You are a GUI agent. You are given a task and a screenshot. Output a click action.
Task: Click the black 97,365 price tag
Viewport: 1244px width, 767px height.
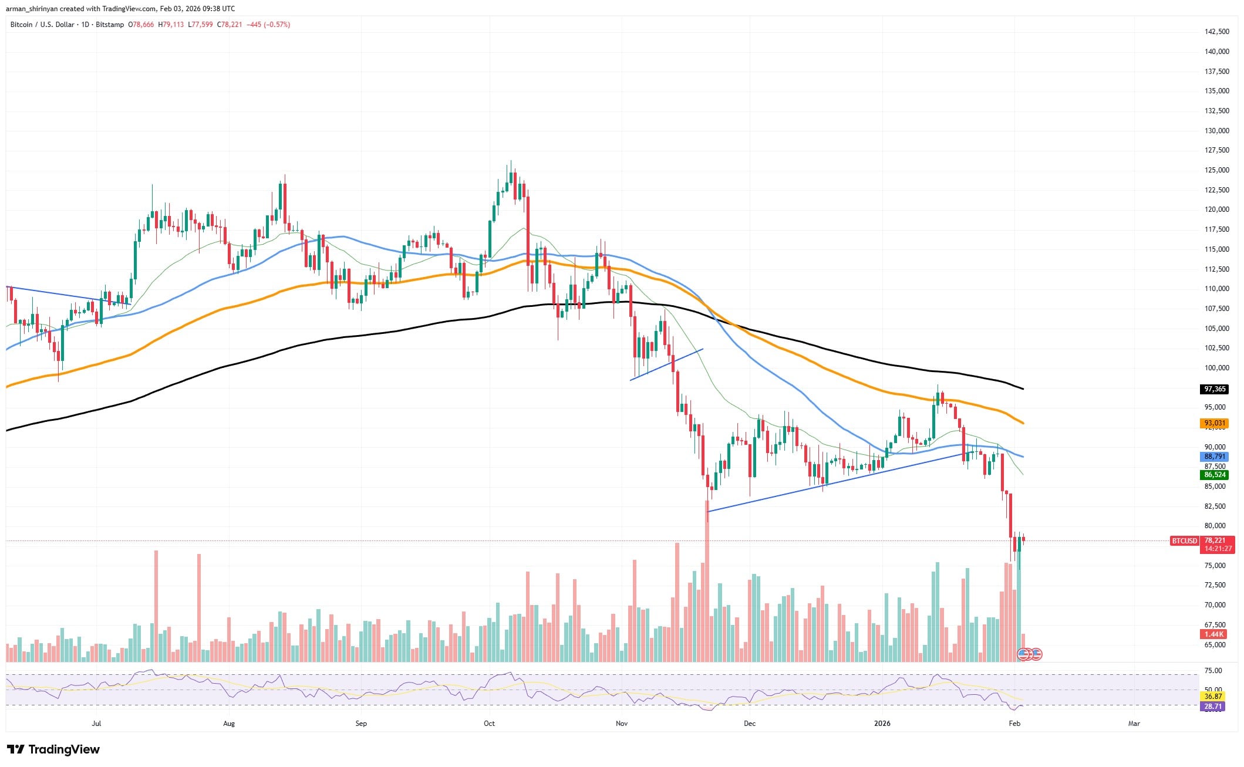tap(1215, 389)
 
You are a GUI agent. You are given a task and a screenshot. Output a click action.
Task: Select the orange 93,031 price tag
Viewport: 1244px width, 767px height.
tap(1215, 423)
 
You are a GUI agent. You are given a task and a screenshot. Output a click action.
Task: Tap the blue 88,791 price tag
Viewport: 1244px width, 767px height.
tap(1215, 457)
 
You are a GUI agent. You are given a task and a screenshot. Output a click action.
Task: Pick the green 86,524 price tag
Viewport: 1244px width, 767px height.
tap(1215, 475)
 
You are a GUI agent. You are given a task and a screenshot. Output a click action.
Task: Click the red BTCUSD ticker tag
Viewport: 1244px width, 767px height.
tap(1184, 540)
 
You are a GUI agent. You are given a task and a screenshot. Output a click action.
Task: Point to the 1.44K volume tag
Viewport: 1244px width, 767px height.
tap(1213, 634)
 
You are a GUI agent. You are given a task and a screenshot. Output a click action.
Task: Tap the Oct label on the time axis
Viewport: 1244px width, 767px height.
tap(489, 724)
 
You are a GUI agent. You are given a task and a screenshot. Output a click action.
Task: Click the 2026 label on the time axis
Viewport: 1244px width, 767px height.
tap(882, 724)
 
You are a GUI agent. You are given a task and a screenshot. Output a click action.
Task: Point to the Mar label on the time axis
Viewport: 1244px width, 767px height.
tap(1134, 724)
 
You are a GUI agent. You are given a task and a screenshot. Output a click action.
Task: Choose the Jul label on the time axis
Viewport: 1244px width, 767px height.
tap(96, 724)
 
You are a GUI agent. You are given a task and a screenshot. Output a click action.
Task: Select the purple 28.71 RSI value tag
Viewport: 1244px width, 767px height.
tap(1213, 707)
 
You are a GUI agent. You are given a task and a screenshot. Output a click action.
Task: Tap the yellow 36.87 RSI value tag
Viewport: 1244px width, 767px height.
tap(1213, 697)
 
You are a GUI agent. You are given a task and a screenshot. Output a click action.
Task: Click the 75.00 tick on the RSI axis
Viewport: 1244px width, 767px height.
tap(1213, 671)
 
